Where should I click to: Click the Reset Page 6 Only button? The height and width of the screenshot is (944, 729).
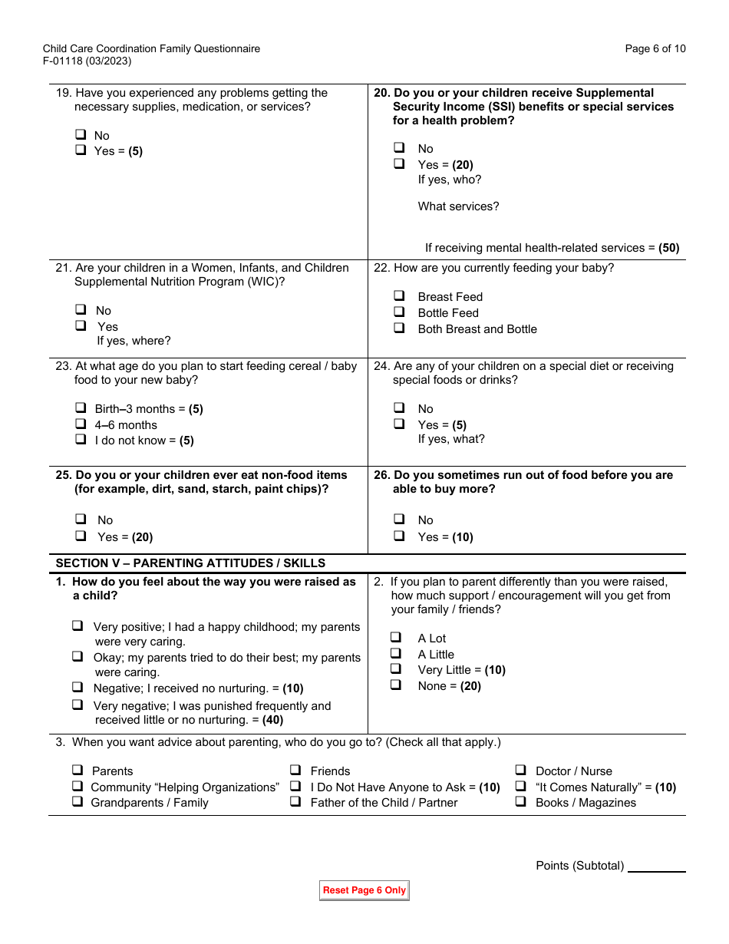pyautogui.click(x=364, y=890)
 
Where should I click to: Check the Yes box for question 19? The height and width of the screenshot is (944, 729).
pyautogui.click(x=81, y=150)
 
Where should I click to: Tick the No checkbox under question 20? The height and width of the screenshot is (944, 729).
pyautogui.click(x=399, y=147)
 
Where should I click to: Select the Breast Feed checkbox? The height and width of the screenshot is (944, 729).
pyautogui.click(x=399, y=295)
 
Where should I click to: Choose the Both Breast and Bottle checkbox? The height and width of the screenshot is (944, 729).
pyautogui.click(x=399, y=328)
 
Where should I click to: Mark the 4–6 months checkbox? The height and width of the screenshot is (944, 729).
pyautogui.click(x=81, y=424)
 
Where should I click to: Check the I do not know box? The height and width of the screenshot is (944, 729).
pyautogui.click(x=81, y=440)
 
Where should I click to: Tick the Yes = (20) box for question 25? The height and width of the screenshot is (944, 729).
pyautogui.click(x=81, y=536)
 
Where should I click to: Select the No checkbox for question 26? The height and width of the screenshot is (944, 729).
pyautogui.click(x=399, y=519)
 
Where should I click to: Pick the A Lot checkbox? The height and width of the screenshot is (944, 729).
pyautogui.click(x=396, y=637)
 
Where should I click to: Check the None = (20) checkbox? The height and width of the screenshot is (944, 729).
pyautogui.click(x=396, y=685)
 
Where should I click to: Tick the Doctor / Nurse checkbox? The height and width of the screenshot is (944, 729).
pyautogui.click(x=520, y=770)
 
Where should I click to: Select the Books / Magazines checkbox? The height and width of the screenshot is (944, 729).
pyautogui.click(x=520, y=801)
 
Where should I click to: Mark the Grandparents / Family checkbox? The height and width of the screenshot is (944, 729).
pyautogui.click(x=78, y=801)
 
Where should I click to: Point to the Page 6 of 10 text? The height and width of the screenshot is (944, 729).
pyautogui.click(x=655, y=49)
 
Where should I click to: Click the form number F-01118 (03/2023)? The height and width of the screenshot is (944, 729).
pyautogui.click(x=87, y=61)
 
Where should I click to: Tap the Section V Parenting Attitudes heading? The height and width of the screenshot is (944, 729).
pyautogui.click(x=190, y=563)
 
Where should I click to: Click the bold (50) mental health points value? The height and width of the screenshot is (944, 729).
pyautogui.click(x=669, y=248)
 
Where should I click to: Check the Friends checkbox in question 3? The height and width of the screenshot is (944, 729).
pyautogui.click(x=295, y=770)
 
